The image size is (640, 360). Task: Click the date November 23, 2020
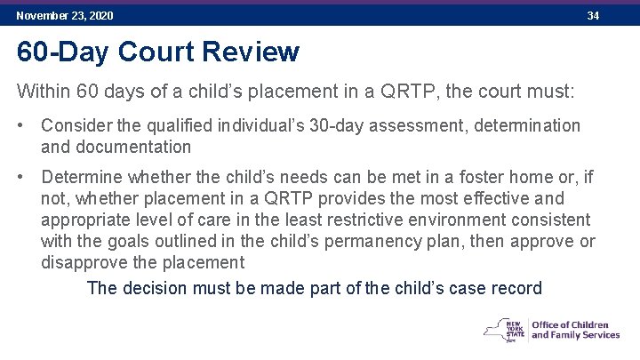[x=64, y=16]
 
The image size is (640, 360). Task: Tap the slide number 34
[x=594, y=16]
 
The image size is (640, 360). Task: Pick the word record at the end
[x=516, y=288]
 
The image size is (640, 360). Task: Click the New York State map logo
[x=504, y=329]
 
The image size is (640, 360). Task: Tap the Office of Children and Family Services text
[x=575, y=329]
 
